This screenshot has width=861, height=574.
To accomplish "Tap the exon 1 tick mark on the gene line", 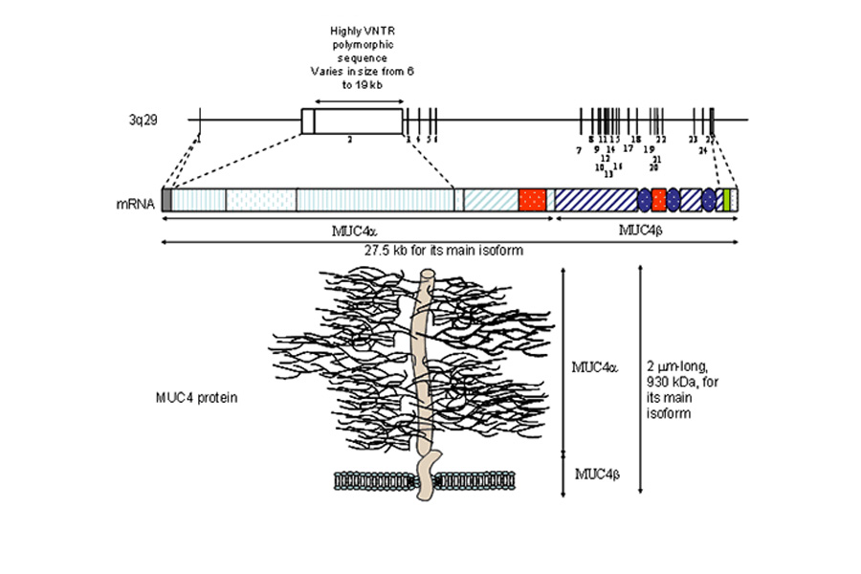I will tap(199, 120).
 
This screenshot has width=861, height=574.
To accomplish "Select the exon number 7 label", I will tap(579, 150).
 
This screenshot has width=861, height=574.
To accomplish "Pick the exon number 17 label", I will tap(629, 148).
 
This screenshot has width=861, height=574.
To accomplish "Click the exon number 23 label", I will tap(693, 140).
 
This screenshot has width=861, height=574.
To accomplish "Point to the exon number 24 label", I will tap(702, 151).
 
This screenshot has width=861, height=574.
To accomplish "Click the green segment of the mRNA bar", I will tap(727, 199).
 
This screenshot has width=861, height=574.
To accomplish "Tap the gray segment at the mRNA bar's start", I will tap(166, 199).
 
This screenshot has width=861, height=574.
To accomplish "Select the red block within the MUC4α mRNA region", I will tap(532, 199).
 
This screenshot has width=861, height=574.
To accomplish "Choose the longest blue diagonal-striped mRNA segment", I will tap(596, 199).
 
